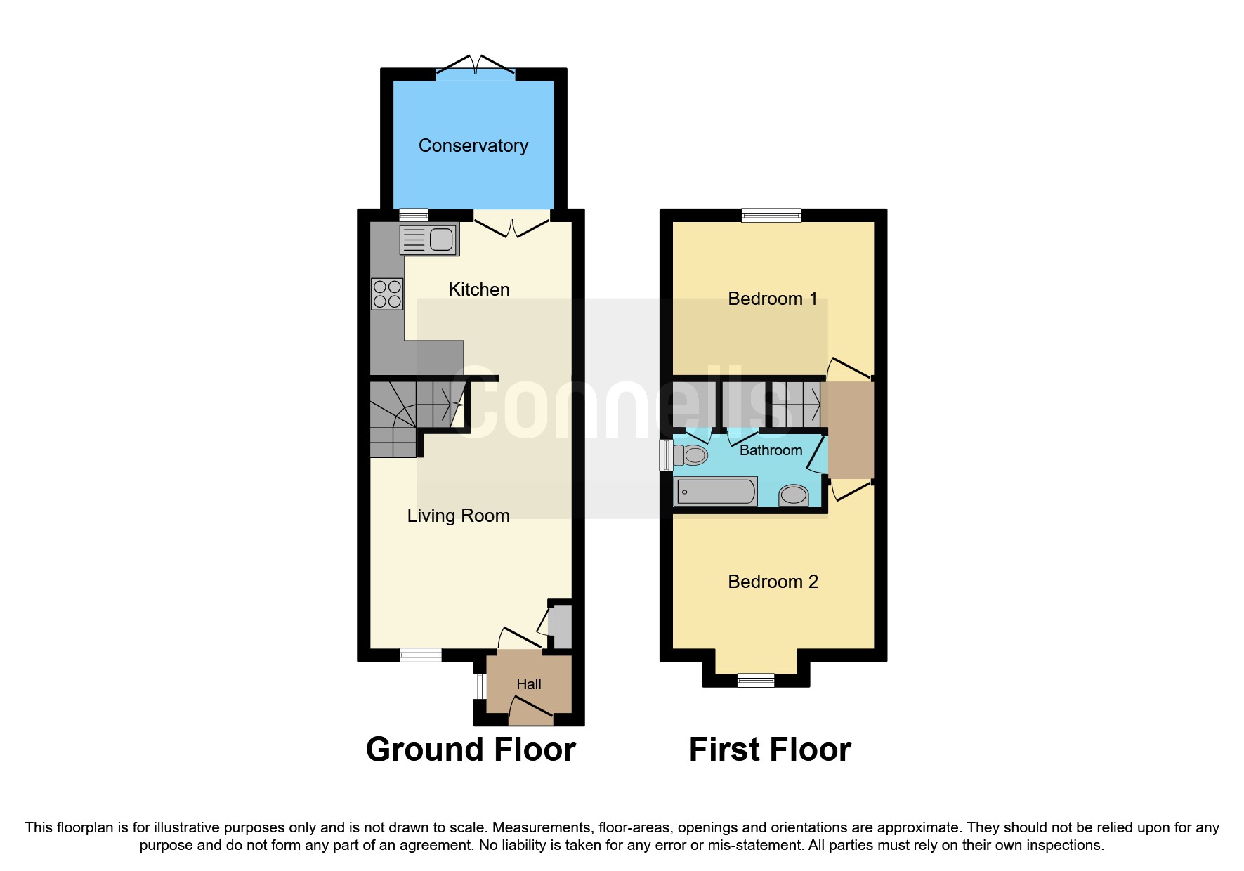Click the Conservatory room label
click(473, 145)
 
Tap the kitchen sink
click(429, 240)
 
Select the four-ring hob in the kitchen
click(387, 294)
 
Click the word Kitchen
click(478, 289)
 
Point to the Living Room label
click(458, 516)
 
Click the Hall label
click(528, 684)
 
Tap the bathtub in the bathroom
click(715, 491)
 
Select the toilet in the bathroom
click(691, 455)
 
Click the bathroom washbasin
click(794, 495)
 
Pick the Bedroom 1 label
click(772, 299)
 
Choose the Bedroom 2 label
click(773, 582)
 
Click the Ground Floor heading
click(471, 749)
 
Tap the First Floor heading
click(770, 749)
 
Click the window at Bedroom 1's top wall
click(771, 215)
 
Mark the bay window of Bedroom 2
click(755, 679)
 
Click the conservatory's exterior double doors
click(476, 68)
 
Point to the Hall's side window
click(480, 686)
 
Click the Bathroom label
click(771, 450)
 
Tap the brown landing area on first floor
click(851, 430)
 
